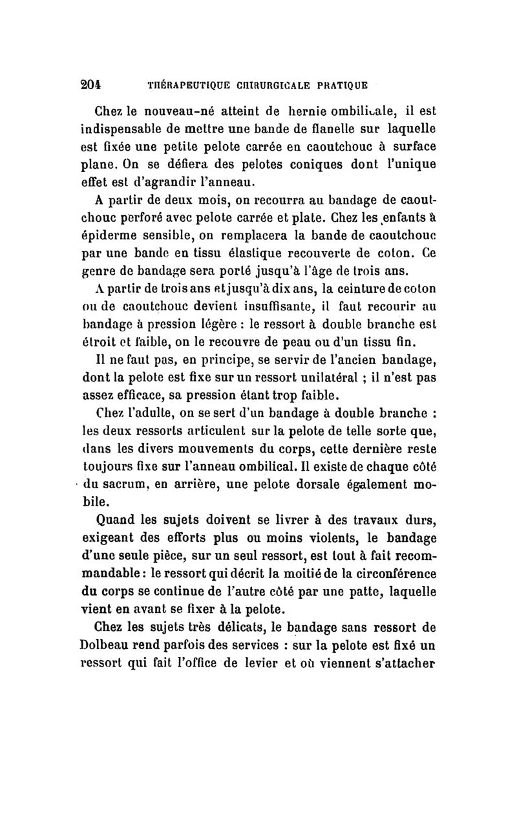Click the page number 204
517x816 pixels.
point(96,84)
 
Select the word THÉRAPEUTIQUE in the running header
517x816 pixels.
point(185,85)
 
